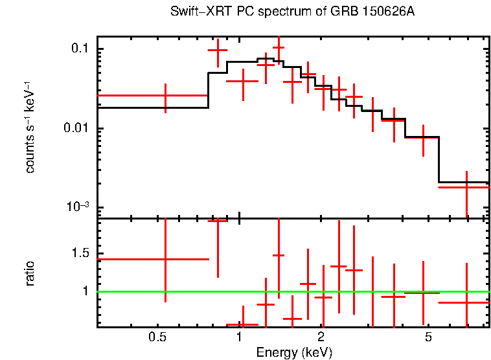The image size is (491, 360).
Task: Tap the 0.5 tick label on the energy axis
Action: [x=157, y=337]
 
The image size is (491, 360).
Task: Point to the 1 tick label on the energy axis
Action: [x=240, y=337]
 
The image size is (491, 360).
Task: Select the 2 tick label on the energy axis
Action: [x=321, y=337]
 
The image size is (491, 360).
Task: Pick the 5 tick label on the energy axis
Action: [x=428, y=337]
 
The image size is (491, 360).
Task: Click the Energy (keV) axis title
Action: [x=294, y=352]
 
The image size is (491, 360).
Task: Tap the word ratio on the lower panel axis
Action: [x=30, y=273]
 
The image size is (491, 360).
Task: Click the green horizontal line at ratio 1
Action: [x=389, y=291]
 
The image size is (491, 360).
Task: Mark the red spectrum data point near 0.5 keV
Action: [x=166, y=95]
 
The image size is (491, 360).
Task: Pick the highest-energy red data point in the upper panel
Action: [x=466, y=187]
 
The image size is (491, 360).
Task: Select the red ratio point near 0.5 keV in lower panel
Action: [x=166, y=259]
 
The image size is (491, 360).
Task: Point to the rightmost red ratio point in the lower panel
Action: [x=466, y=302]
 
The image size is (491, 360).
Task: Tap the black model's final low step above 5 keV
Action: [x=463, y=182]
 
